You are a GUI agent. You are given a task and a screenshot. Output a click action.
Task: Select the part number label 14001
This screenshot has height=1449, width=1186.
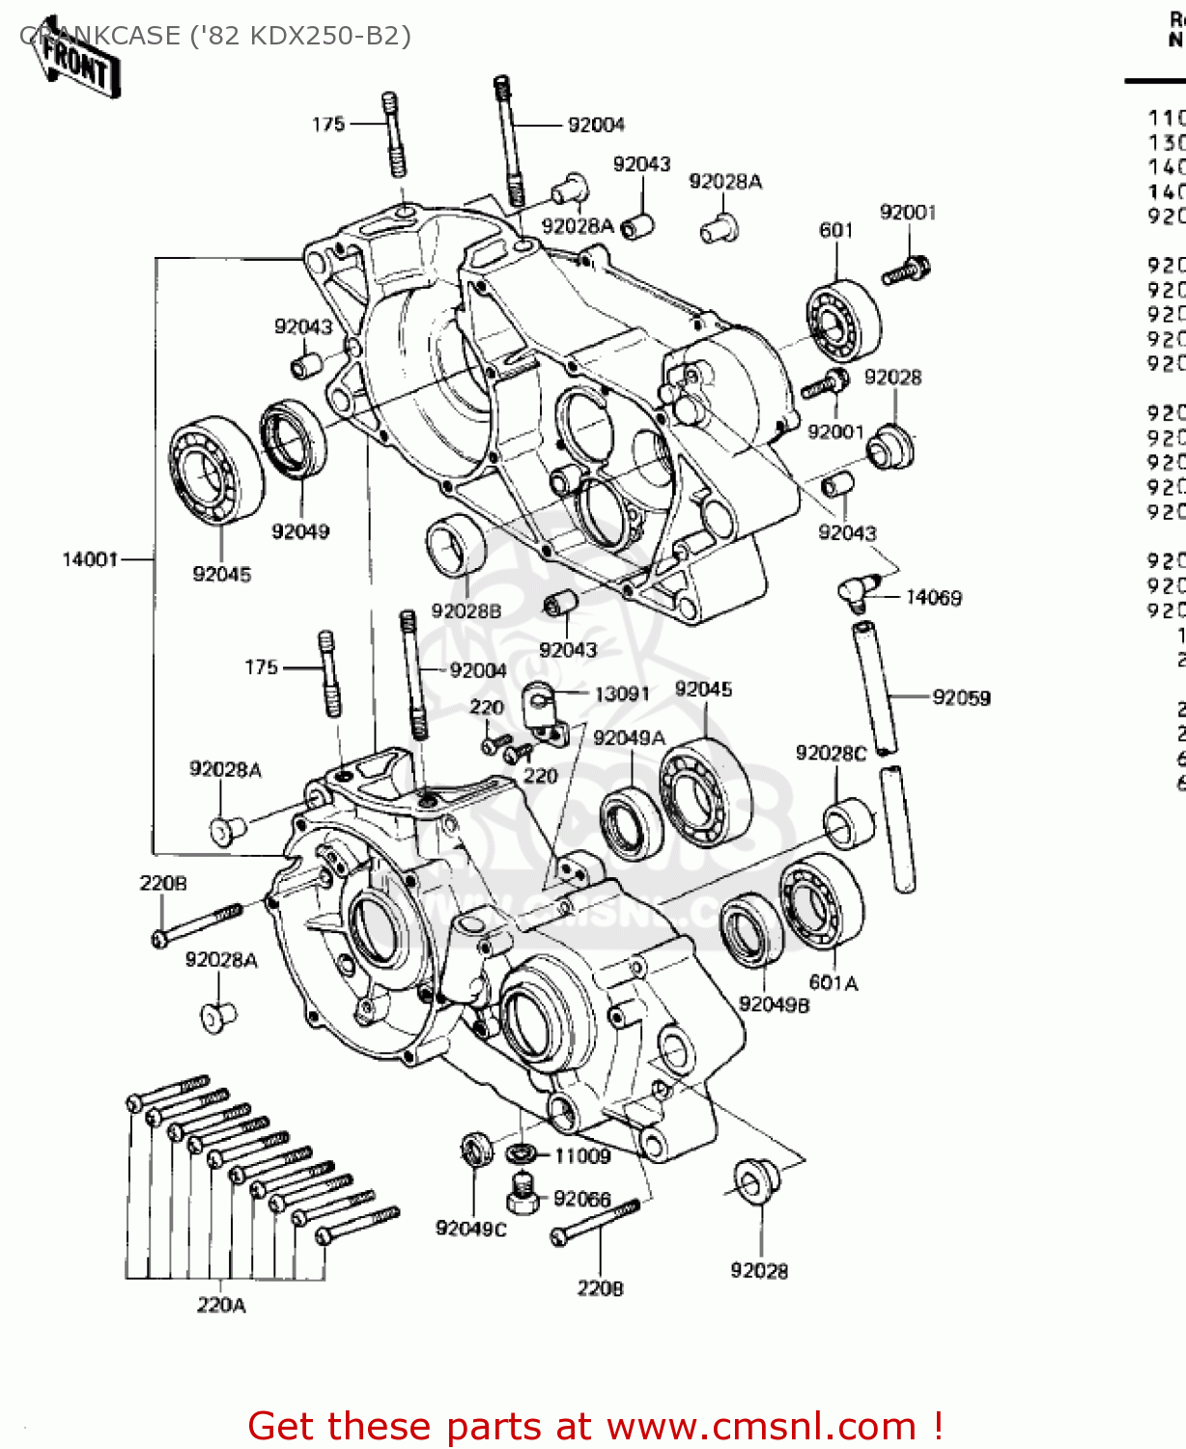pyautogui.click(x=90, y=559)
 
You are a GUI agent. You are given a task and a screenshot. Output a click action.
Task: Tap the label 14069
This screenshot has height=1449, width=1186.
pyautogui.click(x=933, y=598)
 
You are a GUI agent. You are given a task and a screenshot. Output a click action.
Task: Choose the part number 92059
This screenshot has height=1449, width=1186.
pyautogui.click(x=961, y=697)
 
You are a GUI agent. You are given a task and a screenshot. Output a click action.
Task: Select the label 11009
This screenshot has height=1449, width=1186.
pyautogui.click(x=582, y=1156)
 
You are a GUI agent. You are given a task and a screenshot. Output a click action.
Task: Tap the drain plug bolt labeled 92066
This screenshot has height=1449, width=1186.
pyautogui.click(x=522, y=1197)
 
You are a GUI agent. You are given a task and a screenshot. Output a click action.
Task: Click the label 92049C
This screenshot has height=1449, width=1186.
pyautogui.click(x=470, y=1229)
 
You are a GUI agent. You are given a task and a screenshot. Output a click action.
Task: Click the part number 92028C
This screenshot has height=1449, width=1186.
pyautogui.click(x=831, y=753)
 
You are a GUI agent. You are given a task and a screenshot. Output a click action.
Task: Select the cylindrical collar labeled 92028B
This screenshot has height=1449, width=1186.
pyautogui.click(x=457, y=548)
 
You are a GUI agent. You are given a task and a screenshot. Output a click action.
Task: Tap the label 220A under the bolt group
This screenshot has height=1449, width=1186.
pyautogui.click(x=221, y=1305)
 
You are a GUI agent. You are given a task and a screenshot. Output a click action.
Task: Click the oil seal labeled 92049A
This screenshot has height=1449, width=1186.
pyautogui.click(x=631, y=822)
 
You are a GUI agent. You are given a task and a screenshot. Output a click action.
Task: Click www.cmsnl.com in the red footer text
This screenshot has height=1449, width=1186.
pyautogui.click(x=761, y=1426)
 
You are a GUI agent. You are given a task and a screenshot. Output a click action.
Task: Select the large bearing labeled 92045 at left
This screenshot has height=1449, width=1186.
pyautogui.click(x=215, y=470)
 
